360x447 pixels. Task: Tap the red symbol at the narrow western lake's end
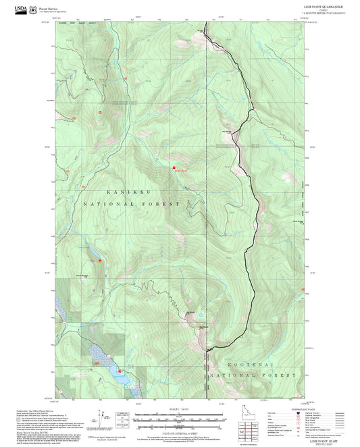click(100, 259)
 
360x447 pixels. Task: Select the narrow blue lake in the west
click(88, 253)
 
